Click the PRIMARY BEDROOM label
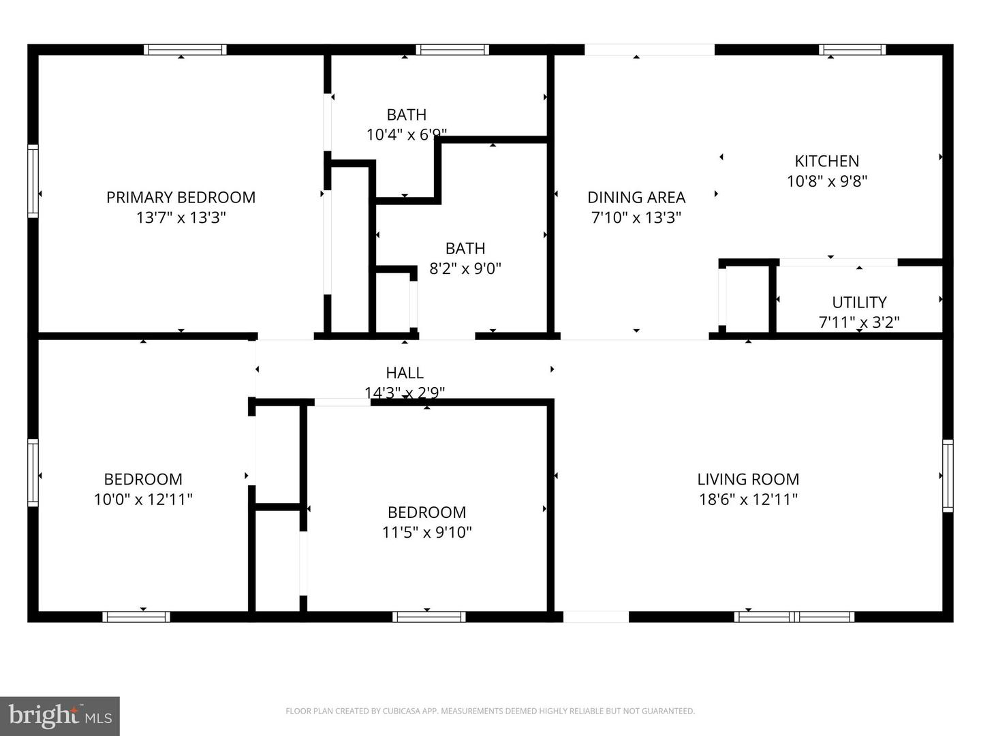coord(181,198)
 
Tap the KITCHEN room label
coord(827,162)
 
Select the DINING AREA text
coord(636,198)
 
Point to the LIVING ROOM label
coord(748,479)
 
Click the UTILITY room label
coord(859,302)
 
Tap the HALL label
coord(405,373)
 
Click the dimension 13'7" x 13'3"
coord(181,217)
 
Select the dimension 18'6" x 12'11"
coord(748,500)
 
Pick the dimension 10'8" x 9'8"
coord(827,181)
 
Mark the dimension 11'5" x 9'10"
coord(426,532)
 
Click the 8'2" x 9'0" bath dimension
coord(465,269)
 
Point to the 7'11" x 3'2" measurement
coord(859,322)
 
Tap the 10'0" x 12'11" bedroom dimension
coord(143,500)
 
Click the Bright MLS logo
coord(60,716)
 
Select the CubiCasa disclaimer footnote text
coord(490,711)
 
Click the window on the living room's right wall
coord(948,476)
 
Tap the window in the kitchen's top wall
coord(852,50)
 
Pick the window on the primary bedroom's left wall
coord(33,181)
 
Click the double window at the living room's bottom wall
coord(794,617)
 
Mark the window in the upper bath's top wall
coord(452,50)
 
